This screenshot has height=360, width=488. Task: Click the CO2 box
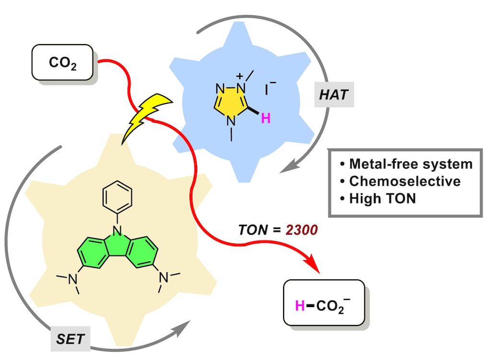pos(62,62)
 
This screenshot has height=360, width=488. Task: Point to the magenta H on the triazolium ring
pos(265,118)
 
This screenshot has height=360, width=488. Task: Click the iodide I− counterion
pos(269,89)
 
